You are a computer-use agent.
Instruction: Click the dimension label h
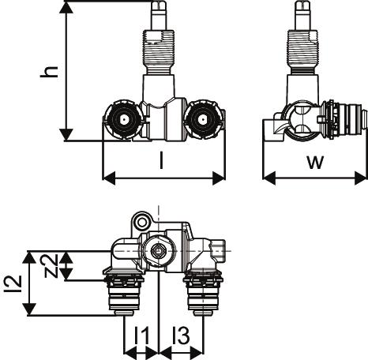pyautogui.click(x=49, y=72)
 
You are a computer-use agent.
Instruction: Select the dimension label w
pyautogui.click(x=315, y=163)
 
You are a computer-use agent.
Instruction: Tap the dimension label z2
pyautogui.click(x=51, y=265)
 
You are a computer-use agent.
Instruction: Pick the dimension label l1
pyautogui.click(x=142, y=335)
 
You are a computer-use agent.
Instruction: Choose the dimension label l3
pyautogui.click(x=181, y=335)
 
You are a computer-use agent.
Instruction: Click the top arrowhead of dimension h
pyautogui.click(x=66, y=8)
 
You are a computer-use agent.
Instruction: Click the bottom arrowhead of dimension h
pyautogui.click(x=66, y=135)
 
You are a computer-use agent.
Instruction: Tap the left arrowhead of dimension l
pyautogui.click(x=109, y=178)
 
